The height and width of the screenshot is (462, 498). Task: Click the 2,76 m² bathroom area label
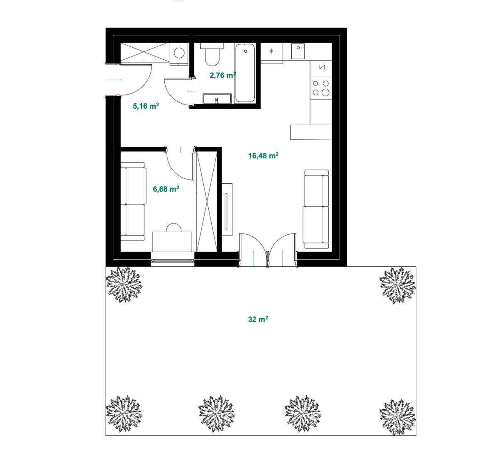(x=223, y=75)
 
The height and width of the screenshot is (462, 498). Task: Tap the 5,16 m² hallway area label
(x=146, y=106)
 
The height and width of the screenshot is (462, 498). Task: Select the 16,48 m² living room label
(x=263, y=156)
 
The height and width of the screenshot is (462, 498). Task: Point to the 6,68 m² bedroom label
(x=166, y=189)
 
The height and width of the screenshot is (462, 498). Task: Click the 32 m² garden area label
(x=258, y=319)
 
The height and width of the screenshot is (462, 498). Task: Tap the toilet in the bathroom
(x=212, y=54)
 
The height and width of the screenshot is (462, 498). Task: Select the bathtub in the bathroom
(x=245, y=73)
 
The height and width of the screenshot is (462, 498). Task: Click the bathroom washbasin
(x=217, y=99)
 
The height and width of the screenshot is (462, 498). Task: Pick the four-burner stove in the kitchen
(x=321, y=88)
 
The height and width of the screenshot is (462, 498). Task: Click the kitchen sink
(x=298, y=51)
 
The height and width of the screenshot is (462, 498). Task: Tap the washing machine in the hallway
(x=179, y=53)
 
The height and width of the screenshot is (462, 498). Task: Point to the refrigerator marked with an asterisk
(x=271, y=53)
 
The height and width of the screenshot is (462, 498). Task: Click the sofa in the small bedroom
(x=133, y=202)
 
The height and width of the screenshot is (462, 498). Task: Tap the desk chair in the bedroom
(x=173, y=227)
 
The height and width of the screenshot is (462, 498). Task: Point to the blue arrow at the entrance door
(x=114, y=80)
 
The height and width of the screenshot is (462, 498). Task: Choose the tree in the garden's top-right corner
(x=397, y=285)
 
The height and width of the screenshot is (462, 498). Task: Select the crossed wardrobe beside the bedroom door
(x=207, y=202)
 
